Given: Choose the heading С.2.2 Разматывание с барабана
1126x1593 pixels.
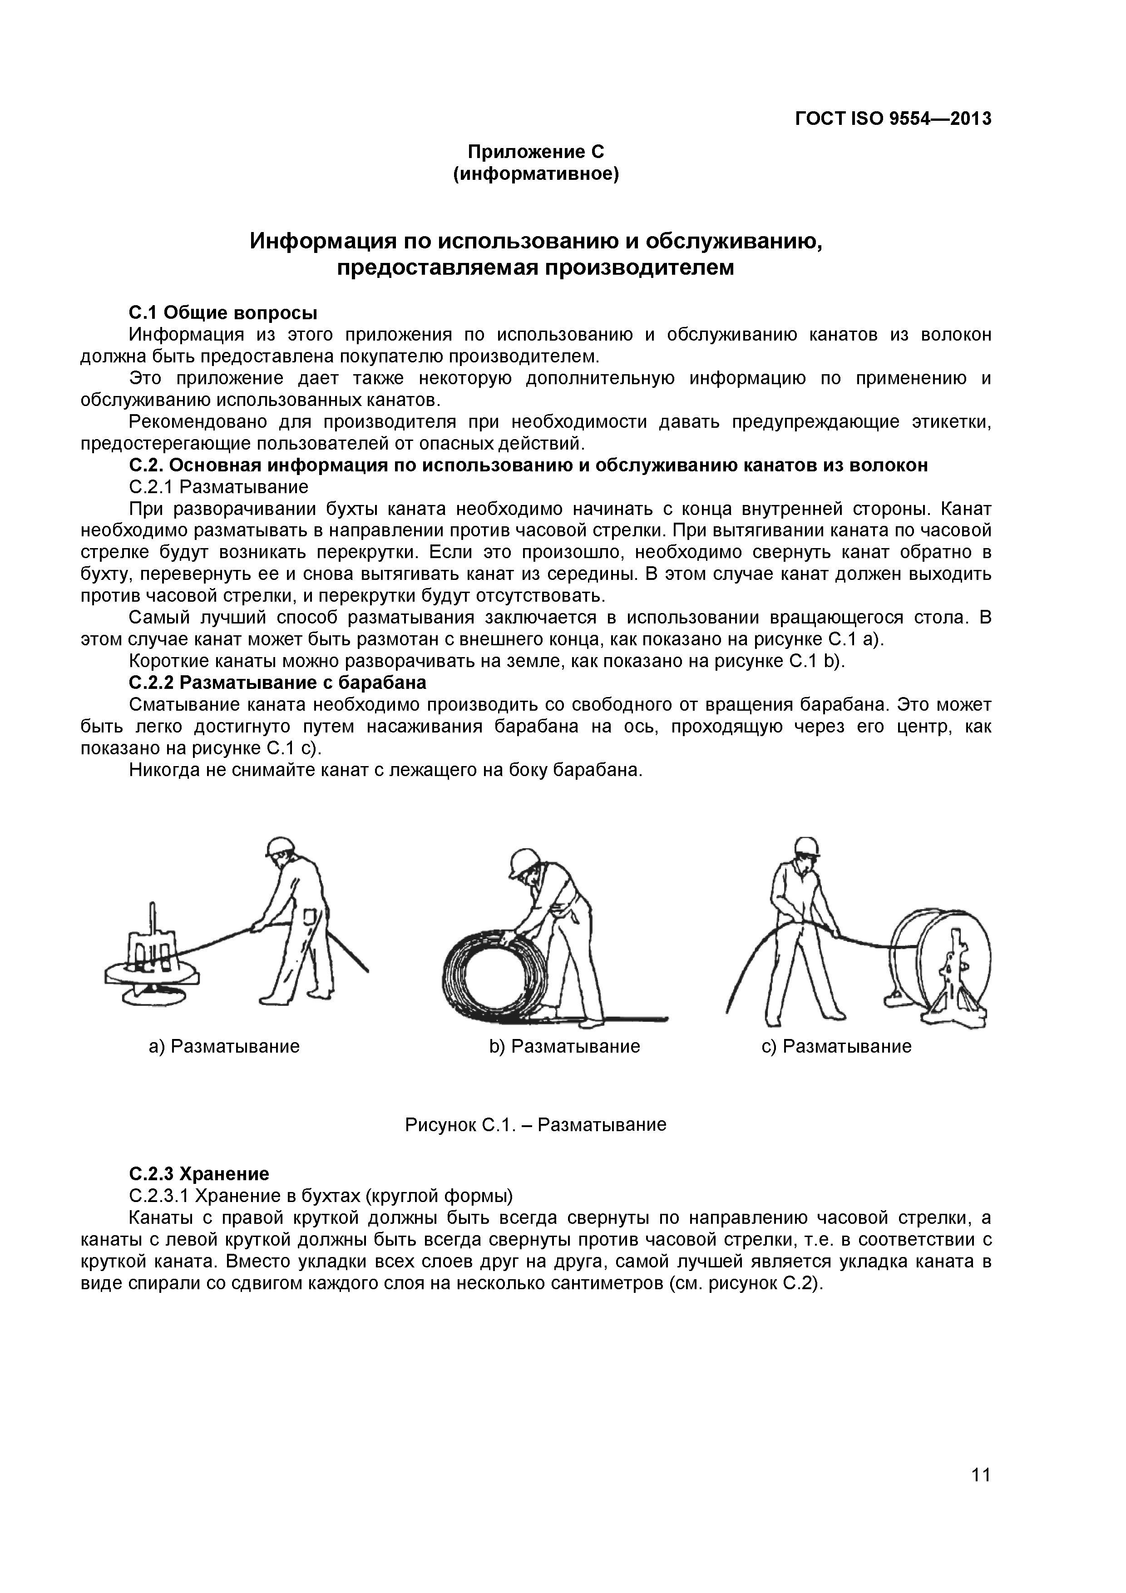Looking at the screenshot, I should click(277, 683).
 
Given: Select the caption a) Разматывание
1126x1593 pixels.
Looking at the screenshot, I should click(224, 1046).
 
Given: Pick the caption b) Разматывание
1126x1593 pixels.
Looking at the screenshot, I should click(564, 1046).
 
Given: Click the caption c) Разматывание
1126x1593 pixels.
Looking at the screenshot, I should click(836, 1046).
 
